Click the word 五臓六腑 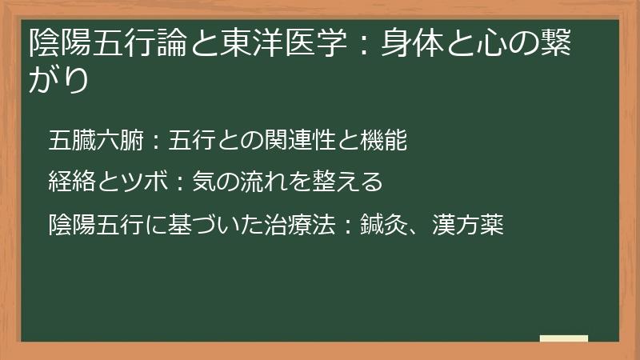95,142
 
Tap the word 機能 385,142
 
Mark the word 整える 349,183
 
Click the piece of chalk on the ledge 563,338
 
